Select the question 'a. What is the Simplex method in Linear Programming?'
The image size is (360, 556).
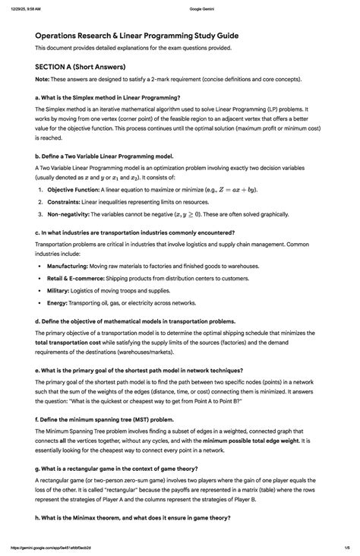click(x=107, y=97)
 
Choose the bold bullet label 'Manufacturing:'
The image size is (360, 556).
click(x=67, y=267)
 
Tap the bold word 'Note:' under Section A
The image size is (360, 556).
click(x=42, y=80)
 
